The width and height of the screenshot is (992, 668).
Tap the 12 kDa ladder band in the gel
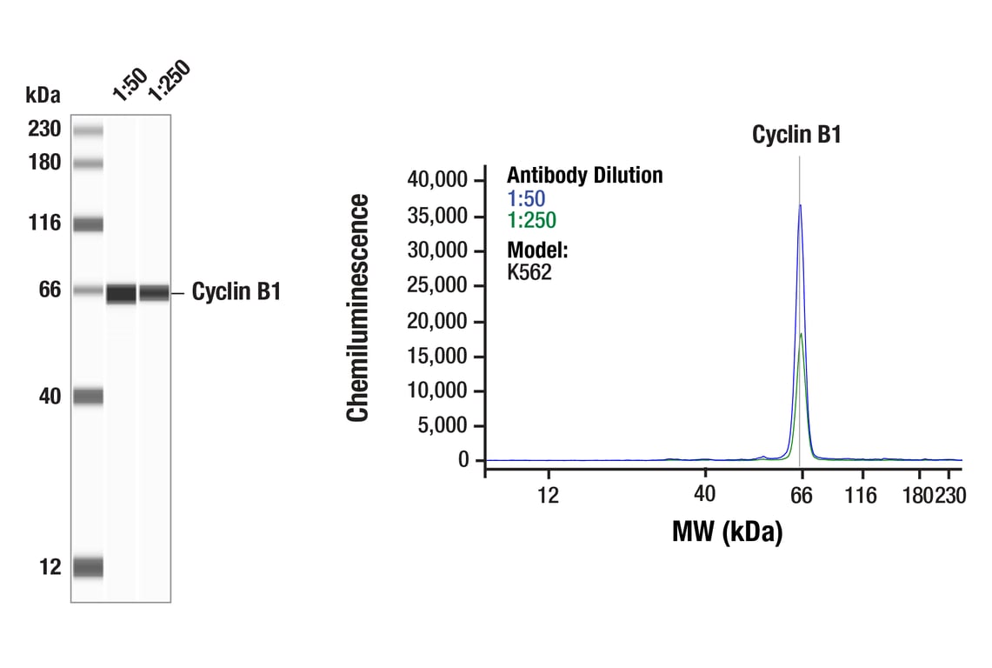coord(88,567)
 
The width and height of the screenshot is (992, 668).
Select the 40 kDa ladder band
coord(88,397)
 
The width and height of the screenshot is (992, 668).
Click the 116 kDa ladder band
coord(88,224)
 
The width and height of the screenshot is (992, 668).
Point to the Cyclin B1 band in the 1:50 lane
coord(122,293)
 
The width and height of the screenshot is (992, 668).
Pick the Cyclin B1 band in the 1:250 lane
coord(154,293)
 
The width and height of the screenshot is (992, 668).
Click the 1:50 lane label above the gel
coord(129,84)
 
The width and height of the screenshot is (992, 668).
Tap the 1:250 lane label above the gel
coord(168,80)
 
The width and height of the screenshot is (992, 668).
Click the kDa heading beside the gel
coord(43,94)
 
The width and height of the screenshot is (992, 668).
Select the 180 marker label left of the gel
coord(44,163)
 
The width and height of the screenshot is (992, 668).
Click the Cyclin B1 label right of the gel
coord(236,292)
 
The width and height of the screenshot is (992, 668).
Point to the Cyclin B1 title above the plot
coord(796,135)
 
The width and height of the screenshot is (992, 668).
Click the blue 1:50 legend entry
coord(526,198)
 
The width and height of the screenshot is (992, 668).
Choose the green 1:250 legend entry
coord(531,221)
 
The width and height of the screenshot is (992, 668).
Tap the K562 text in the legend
coord(529,272)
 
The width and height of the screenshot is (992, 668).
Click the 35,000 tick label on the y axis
coord(438,216)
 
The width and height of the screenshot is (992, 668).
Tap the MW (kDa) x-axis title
coord(727,531)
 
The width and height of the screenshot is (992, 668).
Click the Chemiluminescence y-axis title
coord(357,308)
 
